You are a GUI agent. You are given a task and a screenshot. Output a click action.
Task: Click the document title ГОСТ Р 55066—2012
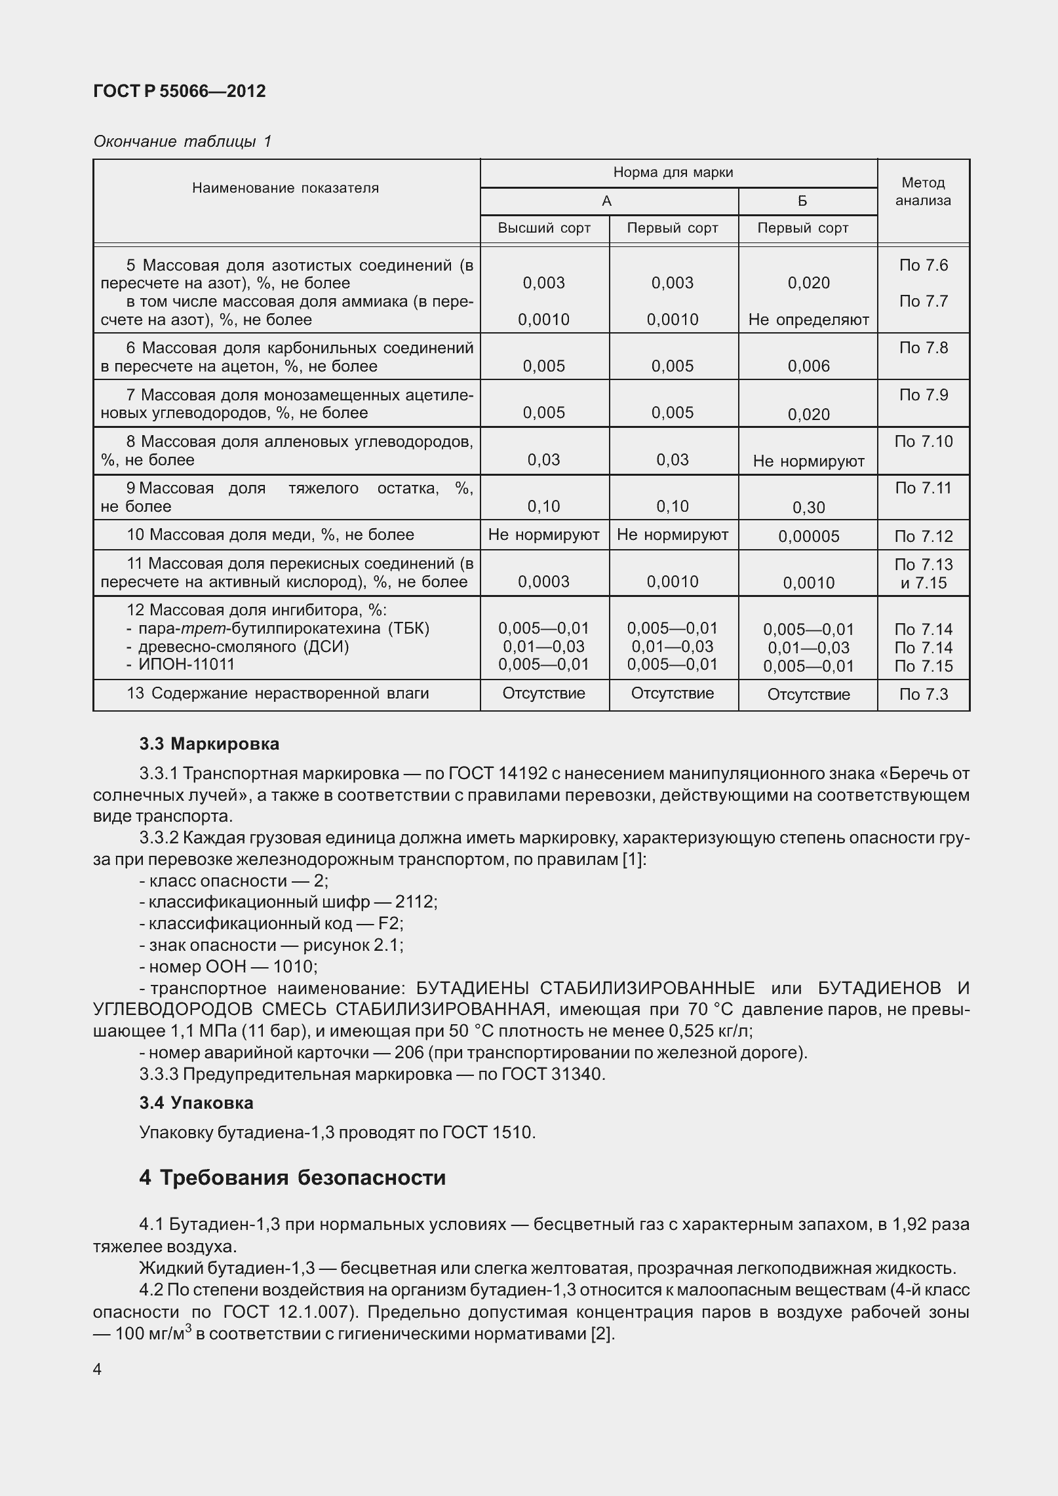[180, 91]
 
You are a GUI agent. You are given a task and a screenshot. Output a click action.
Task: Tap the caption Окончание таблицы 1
[182, 142]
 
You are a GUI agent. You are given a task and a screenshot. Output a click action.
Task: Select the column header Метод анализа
[922, 191]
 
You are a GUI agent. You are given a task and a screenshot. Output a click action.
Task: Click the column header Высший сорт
[544, 228]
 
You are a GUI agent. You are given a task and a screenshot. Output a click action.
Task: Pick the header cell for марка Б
[802, 201]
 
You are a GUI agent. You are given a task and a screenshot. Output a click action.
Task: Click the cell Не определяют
[808, 320]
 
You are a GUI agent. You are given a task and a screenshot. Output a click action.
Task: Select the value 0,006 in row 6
[808, 366]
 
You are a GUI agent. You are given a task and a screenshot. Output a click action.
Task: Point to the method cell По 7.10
[923, 442]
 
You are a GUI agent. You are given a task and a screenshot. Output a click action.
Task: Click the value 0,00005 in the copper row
[808, 537]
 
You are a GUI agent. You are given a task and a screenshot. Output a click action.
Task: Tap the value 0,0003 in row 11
[543, 582]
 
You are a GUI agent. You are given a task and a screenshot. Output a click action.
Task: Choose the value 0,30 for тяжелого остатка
[808, 508]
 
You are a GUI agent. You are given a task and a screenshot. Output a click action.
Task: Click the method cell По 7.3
[923, 695]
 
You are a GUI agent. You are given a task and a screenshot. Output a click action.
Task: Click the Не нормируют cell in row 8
[808, 461]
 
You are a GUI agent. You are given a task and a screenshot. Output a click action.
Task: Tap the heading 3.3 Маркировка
[209, 744]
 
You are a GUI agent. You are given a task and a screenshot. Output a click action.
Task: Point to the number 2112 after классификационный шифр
[414, 902]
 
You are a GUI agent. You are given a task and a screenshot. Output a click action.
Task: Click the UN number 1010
[294, 967]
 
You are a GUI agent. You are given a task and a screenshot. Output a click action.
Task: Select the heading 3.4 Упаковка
[196, 1103]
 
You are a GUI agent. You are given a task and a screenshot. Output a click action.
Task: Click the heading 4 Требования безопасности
[292, 1178]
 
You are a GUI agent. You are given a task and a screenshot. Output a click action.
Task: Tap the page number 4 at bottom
[98, 1370]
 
